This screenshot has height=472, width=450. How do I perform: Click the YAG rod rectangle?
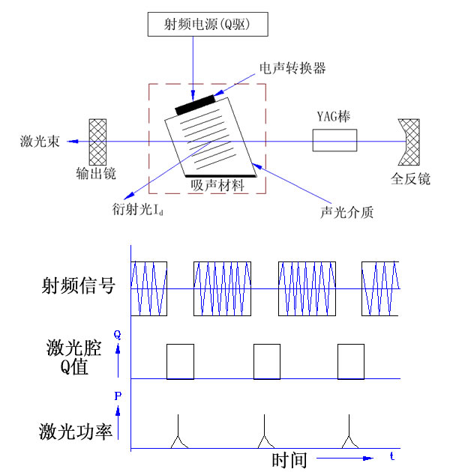click(x=334, y=140)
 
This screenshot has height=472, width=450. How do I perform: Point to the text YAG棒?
click(x=334, y=118)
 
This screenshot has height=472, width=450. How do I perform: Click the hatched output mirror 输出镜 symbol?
click(x=97, y=140)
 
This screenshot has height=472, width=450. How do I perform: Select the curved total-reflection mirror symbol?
click(x=410, y=141)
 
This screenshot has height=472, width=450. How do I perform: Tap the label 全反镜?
click(x=410, y=179)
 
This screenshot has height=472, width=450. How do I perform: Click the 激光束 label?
click(x=35, y=140)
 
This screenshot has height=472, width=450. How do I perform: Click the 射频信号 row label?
click(x=77, y=285)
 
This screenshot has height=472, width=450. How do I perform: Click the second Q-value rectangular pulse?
click(x=266, y=362)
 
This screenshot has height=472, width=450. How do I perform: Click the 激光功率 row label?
click(x=77, y=432)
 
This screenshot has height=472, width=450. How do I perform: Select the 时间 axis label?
click(x=289, y=459)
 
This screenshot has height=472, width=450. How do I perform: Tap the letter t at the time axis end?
click(x=392, y=456)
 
